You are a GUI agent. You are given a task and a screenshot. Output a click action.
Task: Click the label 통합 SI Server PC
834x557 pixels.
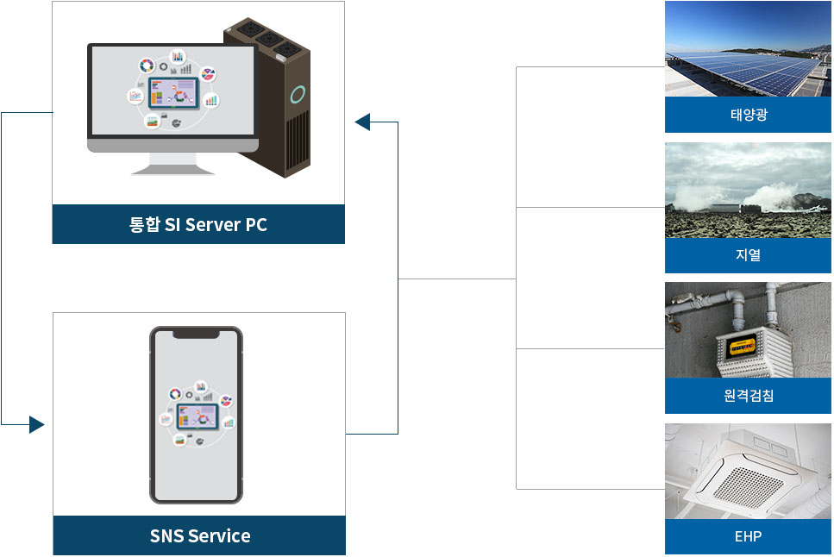point(198,225)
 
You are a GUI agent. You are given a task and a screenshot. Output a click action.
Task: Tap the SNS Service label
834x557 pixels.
point(199,536)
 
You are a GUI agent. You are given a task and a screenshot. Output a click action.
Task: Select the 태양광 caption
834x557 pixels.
point(748,115)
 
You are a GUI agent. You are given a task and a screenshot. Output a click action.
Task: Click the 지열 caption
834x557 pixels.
point(748,255)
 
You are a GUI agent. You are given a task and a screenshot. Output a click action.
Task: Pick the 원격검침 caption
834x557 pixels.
point(748,396)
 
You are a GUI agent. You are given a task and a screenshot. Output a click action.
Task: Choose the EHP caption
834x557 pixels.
point(748,536)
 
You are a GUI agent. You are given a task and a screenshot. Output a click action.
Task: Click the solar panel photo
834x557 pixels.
point(748,49)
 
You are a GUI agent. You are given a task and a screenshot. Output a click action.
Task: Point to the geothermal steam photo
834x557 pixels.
point(748,190)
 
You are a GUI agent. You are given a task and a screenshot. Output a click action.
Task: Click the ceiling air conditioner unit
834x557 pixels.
point(747,475)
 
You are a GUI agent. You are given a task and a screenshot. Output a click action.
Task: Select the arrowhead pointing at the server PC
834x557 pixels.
point(362,122)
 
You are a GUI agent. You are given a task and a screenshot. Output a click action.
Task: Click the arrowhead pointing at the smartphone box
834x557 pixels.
point(36,424)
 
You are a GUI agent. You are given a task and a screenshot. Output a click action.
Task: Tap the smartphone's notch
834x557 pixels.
point(196,334)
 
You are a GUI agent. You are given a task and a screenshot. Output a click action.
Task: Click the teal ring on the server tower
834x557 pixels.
point(298,94)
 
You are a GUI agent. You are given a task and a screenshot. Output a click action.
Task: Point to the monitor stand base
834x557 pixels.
point(172,170)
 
